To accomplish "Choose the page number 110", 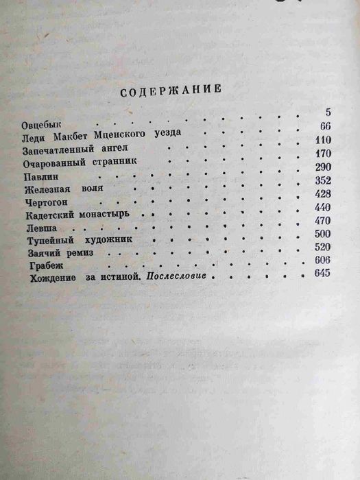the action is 321,139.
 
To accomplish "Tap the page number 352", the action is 321,181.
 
